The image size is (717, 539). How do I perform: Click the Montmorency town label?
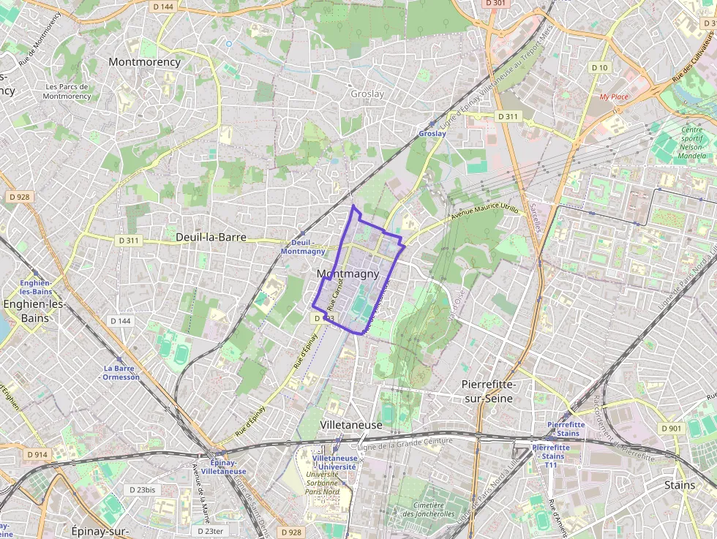click(x=144, y=62)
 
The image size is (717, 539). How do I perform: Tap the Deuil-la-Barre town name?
click(x=210, y=238)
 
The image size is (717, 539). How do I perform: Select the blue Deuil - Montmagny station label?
click(x=303, y=246)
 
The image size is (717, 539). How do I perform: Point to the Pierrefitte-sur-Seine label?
click(x=489, y=391)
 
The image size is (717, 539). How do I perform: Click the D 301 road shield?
click(x=495, y=4)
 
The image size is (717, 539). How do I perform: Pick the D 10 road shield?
click(x=599, y=68)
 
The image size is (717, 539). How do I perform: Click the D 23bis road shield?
click(x=143, y=490)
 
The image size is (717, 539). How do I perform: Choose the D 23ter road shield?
click(x=210, y=531)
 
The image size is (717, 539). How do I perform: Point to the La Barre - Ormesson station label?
click(x=121, y=372)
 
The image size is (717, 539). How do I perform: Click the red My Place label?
click(x=614, y=97)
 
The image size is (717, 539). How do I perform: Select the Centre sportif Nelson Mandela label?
click(x=686, y=143)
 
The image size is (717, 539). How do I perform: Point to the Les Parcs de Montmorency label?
click(x=67, y=91)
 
